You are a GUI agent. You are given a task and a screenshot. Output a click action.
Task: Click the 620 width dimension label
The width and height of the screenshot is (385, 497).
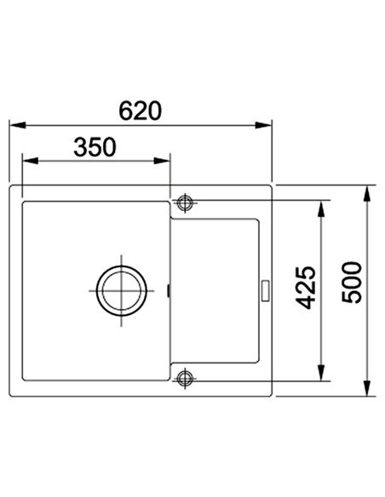(141, 111)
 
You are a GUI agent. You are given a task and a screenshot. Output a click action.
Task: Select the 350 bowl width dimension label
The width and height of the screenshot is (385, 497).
(95, 147)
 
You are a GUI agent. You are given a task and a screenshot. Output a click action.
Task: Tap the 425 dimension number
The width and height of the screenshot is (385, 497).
(306, 288)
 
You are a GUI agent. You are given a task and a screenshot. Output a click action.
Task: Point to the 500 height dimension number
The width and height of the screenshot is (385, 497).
(352, 282)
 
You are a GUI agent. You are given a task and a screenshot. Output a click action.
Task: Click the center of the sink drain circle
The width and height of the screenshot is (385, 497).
(122, 291)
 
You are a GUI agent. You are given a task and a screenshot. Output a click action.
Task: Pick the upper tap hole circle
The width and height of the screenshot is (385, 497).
(185, 203)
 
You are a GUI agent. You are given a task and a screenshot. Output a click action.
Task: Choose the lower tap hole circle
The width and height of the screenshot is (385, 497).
(185, 378)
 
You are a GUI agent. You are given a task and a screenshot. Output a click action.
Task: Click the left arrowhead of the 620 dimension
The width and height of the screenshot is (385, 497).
(17, 125)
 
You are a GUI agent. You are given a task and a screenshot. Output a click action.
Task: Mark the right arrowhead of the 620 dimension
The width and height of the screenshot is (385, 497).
(263, 125)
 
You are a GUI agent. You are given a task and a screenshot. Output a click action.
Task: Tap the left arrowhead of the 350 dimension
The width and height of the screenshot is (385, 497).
(30, 161)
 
